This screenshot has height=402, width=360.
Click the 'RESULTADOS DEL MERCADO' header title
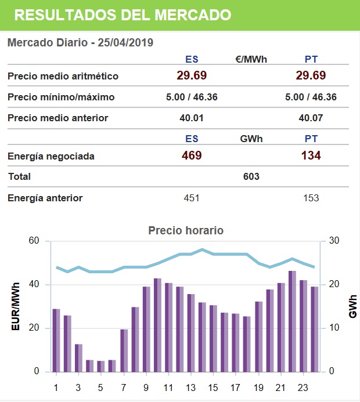coord(122,15)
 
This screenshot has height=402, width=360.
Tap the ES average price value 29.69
coord(192,75)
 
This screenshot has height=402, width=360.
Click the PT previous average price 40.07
coord(311,118)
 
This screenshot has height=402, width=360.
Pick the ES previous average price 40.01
coord(192,118)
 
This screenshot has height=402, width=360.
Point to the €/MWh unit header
coord(251,59)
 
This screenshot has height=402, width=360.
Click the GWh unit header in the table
coord(251,139)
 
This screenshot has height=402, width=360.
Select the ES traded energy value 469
coord(192,155)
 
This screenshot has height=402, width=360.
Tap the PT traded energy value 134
coord(311,155)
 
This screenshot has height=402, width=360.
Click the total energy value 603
coord(251,176)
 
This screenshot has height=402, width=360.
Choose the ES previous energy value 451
coord(192,198)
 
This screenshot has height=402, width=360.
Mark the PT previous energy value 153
coord(311,198)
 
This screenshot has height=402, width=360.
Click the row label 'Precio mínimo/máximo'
coord(61,97)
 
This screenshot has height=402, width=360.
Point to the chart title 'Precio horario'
coord(186,230)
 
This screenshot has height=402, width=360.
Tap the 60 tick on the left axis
coord(34,241)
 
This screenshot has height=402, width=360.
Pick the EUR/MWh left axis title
coord(15,306)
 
